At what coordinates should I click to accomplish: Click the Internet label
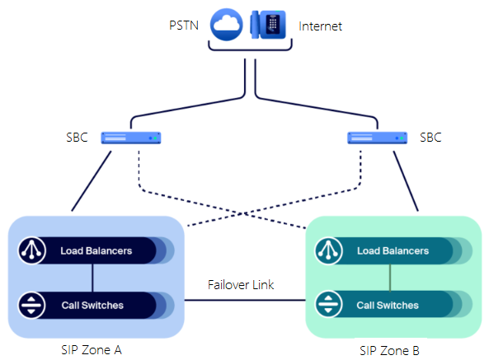click(x=320, y=26)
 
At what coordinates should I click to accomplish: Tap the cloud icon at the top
click(x=228, y=26)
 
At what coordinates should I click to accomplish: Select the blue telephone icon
click(x=268, y=26)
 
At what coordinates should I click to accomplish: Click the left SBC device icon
click(x=131, y=138)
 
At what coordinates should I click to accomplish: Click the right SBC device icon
click(x=377, y=138)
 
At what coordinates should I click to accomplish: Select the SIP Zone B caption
click(x=389, y=350)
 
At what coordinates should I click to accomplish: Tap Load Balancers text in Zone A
click(x=96, y=250)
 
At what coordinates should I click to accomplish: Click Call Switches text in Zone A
click(x=92, y=305)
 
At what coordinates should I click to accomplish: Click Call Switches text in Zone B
click(x=388, y=305)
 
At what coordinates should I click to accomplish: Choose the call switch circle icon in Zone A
click(x=32, y=305)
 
